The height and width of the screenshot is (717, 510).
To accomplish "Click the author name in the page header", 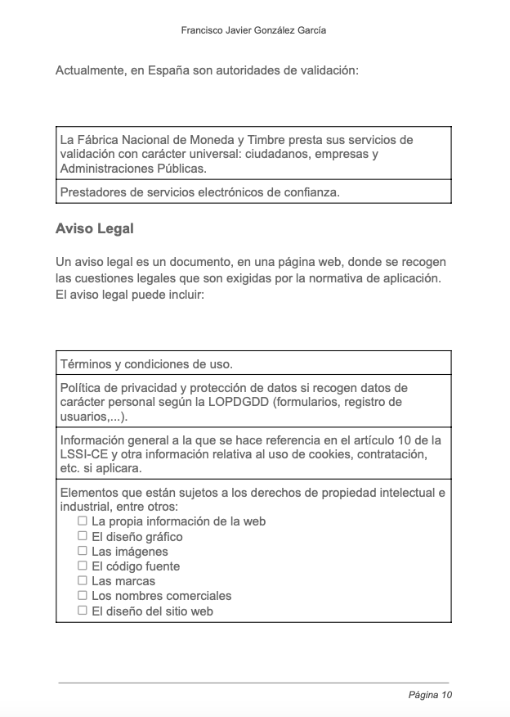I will coord(253,29).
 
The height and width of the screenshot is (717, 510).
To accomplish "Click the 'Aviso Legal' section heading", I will coord(94,228).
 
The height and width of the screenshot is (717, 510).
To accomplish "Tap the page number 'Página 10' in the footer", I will coord(430,695).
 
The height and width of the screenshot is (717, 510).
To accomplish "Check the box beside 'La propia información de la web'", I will coord(83,521).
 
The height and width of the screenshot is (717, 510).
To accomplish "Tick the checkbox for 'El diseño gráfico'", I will coord(83,535).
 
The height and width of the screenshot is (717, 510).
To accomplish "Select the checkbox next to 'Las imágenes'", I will coord(83,551).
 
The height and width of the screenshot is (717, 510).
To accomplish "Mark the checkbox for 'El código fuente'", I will coord(83,566).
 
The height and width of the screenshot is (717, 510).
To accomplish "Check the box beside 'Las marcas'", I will coord(83,580).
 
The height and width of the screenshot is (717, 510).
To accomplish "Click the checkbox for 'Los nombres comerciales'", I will coord(83,595).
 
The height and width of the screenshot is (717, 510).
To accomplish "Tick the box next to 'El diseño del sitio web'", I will coord(83,610).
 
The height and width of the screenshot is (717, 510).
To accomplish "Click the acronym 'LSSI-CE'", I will coord(83,454).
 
